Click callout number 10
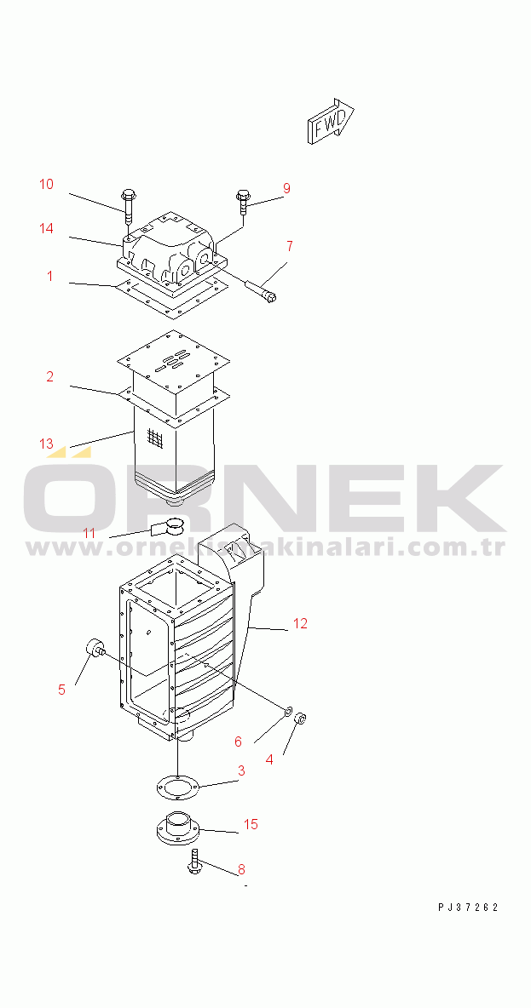point(46,185)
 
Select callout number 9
point(286,188)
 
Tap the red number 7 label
point(290,245)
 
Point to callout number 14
point(46,228)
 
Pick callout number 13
point(46,444)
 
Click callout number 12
point(301,623)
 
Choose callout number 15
point(251,824)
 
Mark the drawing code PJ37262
point(469,908)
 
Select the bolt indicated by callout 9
point(243,201)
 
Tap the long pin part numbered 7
point(262,289)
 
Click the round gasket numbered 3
point(176,786)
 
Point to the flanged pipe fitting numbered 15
point(176,828)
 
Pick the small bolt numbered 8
point(194,862)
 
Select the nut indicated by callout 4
point(300,717)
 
